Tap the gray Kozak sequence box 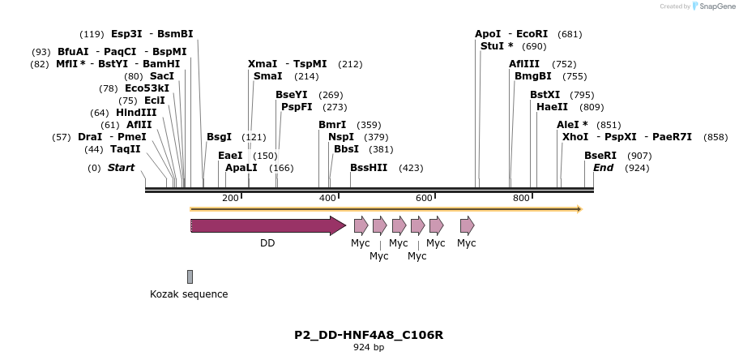pos(190,276)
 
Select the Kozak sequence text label pos(189,294)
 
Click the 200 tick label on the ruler pos(230,199)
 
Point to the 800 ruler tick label pos(521,199)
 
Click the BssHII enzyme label pos(369,168)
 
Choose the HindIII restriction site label pos(136,113)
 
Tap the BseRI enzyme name pos(600,156)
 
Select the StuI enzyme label pos(492,46)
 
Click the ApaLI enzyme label pos(241,168)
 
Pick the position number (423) pos(411,169)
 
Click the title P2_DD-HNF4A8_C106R pos(369,335)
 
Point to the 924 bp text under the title pos(369,348)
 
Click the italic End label pos(604,168)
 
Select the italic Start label pos(121,168)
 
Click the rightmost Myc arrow pos(467,225)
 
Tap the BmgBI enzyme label pos(533,76)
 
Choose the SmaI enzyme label pos(268,76)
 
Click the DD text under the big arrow pos(267,242)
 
